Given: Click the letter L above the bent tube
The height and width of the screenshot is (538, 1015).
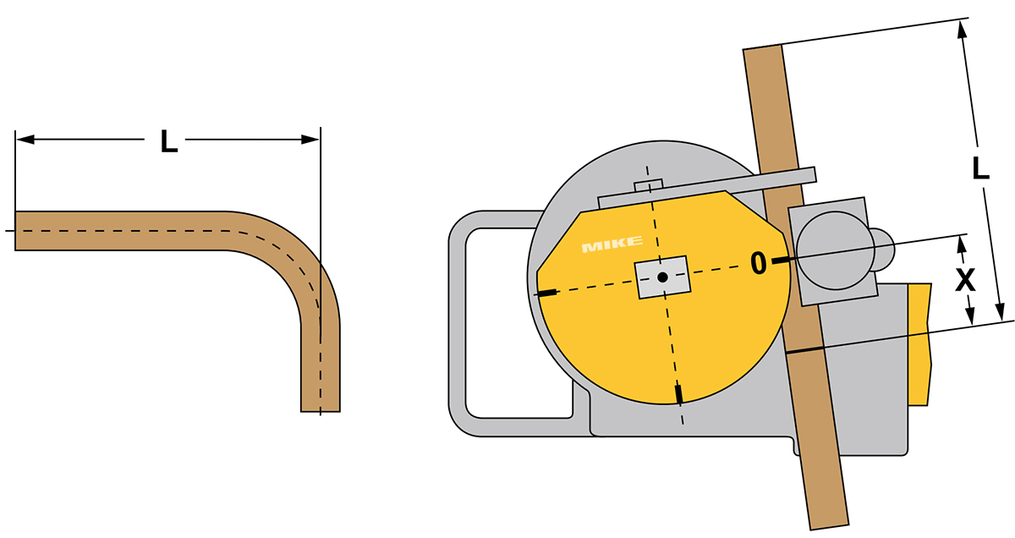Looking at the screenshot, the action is (169, 141).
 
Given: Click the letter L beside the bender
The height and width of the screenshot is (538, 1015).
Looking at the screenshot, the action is (980, 168).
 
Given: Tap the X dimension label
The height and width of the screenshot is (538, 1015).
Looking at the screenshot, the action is (966, 280).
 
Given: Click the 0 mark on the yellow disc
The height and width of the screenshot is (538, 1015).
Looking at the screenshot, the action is (759, 263).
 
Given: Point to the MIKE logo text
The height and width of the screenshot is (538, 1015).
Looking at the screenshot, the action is (612, 244).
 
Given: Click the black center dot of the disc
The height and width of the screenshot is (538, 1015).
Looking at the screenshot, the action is (662, 277).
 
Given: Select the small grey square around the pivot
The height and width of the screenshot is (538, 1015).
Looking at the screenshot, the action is (662, 277).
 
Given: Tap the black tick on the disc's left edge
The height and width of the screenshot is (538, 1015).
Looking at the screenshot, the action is (547, 293).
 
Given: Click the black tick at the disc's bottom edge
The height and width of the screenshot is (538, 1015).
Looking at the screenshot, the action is (678, 394).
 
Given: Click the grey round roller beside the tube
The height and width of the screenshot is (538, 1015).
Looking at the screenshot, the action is (835, 250).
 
